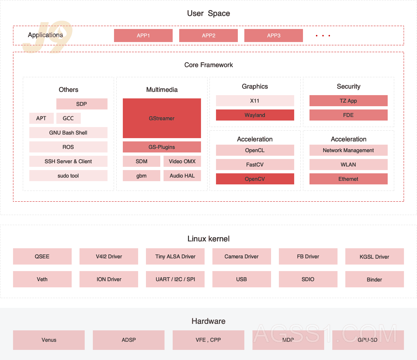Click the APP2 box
(x=208, y=36)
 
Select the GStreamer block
(x=162, y=118)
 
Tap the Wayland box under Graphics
(x=255, y=115)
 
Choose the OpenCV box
(x=255, y=179)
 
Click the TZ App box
(x=348, y=101)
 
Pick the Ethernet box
(x=348, y=179)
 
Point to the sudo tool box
(x=68, y=176)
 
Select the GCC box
(x=68, y=118)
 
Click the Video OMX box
(x=182, y=161)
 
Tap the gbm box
(x=141, y=176)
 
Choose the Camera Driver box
(x=241, y=256)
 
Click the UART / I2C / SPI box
(x=175, y=279)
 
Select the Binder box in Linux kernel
(x=374, y=279)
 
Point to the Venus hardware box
(x=49, y=340)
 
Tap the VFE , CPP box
(x=208, y=340)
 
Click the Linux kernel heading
(x=208, y=239)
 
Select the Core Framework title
(x=208, y=65)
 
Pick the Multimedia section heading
(x=162, y=90)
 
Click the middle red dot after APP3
(x=323, y=36)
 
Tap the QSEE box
(x=42, y=256)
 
